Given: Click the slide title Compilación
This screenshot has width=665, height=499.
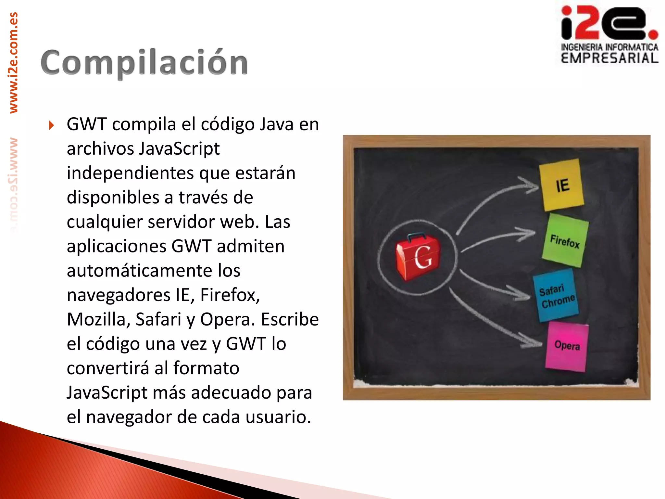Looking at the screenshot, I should click(x=144, y=62).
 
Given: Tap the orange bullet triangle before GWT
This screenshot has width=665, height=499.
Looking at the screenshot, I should click(x=51, y=125).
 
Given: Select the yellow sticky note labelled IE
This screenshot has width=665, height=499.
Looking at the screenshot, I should click(x=561, y=185).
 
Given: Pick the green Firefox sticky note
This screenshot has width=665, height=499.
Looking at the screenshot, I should click(x=565, y=241).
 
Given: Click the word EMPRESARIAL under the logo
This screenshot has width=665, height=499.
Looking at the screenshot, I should click(x=609, y=58).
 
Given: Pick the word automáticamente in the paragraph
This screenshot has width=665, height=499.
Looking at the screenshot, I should click(x=153, y=271).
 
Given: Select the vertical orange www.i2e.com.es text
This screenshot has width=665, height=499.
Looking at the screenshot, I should click(x=14, y=63).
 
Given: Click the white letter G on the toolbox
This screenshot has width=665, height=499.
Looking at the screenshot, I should click(x=423, y=257).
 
